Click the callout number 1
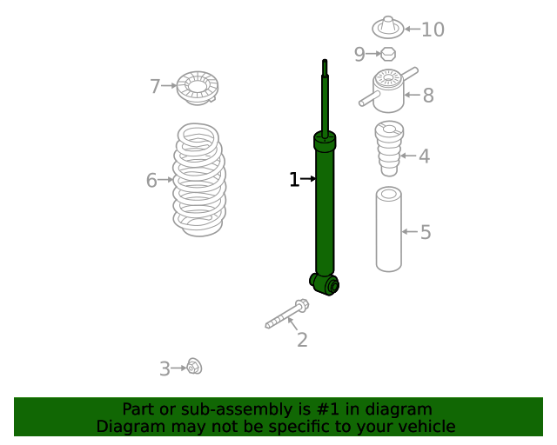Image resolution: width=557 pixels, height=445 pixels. [x=294, y=180]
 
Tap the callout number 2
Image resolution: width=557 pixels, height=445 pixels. [x=302, y=340]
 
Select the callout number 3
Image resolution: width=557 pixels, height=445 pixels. [x=164, y=369]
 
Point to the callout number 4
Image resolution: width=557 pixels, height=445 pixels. [x=424, y=157]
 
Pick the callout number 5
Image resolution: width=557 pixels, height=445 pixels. [x=426, y=232]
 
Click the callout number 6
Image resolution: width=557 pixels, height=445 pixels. [x=151, y=181]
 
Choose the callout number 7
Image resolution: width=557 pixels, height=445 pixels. [x=155, y=86]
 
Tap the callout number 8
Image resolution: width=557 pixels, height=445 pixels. [x=427, y=96]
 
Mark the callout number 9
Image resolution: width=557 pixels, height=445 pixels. [x=360, y=55]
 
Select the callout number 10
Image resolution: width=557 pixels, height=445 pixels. [x=433, y=30]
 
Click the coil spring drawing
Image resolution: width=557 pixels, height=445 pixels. [x=199, y=180]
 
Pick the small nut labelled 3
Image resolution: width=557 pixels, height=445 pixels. [x=194, y=367]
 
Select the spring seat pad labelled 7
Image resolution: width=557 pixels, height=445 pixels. [x=198, y=87]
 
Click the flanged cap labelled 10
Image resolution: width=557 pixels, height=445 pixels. [x=388, y=28]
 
